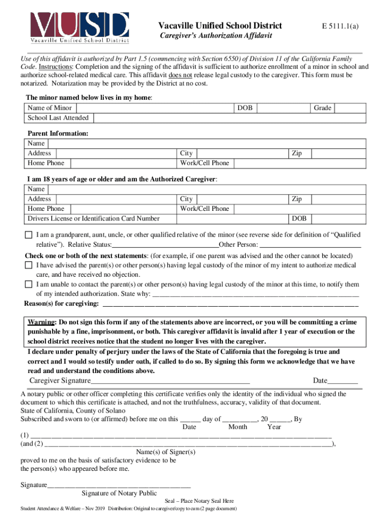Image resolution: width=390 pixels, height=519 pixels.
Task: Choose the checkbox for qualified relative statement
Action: pyautogui.click(x=29, y=235)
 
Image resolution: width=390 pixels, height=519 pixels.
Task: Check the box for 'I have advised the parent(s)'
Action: pyautogui.click(x=29, y=265)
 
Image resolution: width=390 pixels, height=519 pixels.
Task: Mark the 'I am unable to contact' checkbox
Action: pyautogui.click(x=29, y=284)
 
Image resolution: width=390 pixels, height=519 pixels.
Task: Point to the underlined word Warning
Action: pyautogui.click(x=42, y=322)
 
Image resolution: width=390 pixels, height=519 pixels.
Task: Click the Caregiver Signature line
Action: pyautogui.click(x=170, y=381)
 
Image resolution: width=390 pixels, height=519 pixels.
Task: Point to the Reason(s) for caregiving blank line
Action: pyautogui.click(x=230, y=304)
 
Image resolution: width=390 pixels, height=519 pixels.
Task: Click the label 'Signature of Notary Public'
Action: pyautogui.click(x=119, y=493)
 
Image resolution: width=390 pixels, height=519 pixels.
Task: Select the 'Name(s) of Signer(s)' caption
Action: pyautogui.click(x=166, y=452)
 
